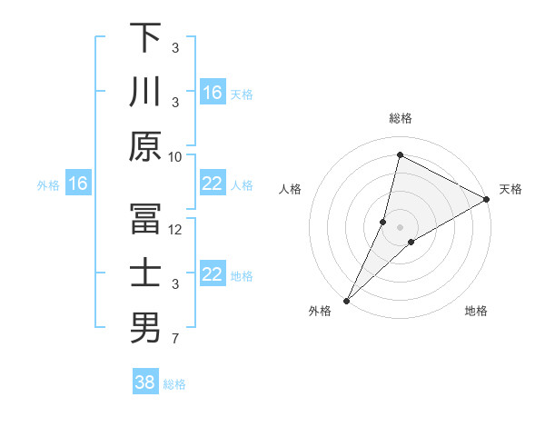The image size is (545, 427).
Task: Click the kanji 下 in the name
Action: coord(145,37)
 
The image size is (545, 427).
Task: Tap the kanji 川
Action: coord(145,92)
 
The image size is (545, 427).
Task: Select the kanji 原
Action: coord(145,146)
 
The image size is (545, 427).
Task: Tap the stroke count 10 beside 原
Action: coord(175,156)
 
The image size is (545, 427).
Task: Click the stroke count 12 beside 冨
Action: coord(175,230)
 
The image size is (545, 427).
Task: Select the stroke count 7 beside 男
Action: coord(175,339)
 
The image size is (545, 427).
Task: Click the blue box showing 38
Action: coord(145,382)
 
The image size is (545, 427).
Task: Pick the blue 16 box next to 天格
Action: coord(213,93)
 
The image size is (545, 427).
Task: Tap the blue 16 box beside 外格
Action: coord(78,184)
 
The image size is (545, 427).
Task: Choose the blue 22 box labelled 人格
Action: coord(213,184)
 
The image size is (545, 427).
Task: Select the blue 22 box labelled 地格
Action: coord(213,275)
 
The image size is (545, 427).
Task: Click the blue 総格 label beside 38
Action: coord(174,384)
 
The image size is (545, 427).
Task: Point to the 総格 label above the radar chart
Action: coord(400,118)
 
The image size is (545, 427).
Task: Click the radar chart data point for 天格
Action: coord(486,200)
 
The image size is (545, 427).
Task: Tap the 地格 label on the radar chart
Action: coord(476,312)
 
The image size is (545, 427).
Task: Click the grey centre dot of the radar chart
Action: coord(400,226)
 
